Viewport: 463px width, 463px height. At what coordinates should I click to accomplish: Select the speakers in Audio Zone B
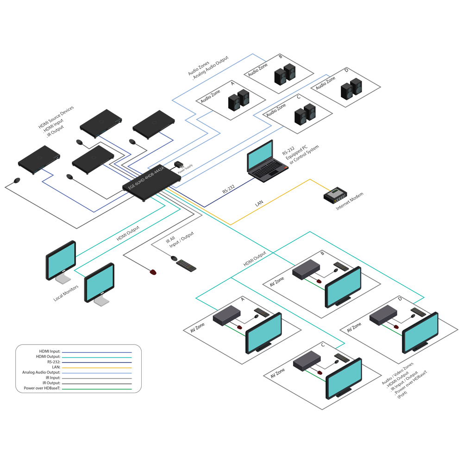284,75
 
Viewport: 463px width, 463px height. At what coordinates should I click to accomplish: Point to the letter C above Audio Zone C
299,97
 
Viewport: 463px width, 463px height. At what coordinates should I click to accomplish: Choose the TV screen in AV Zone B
344,285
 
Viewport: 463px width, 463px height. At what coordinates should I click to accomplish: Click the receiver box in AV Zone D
383,316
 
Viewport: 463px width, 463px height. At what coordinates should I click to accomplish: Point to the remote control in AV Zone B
340,266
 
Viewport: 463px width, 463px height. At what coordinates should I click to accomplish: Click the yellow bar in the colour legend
99,368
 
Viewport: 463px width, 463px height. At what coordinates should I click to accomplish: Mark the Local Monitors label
66,293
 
